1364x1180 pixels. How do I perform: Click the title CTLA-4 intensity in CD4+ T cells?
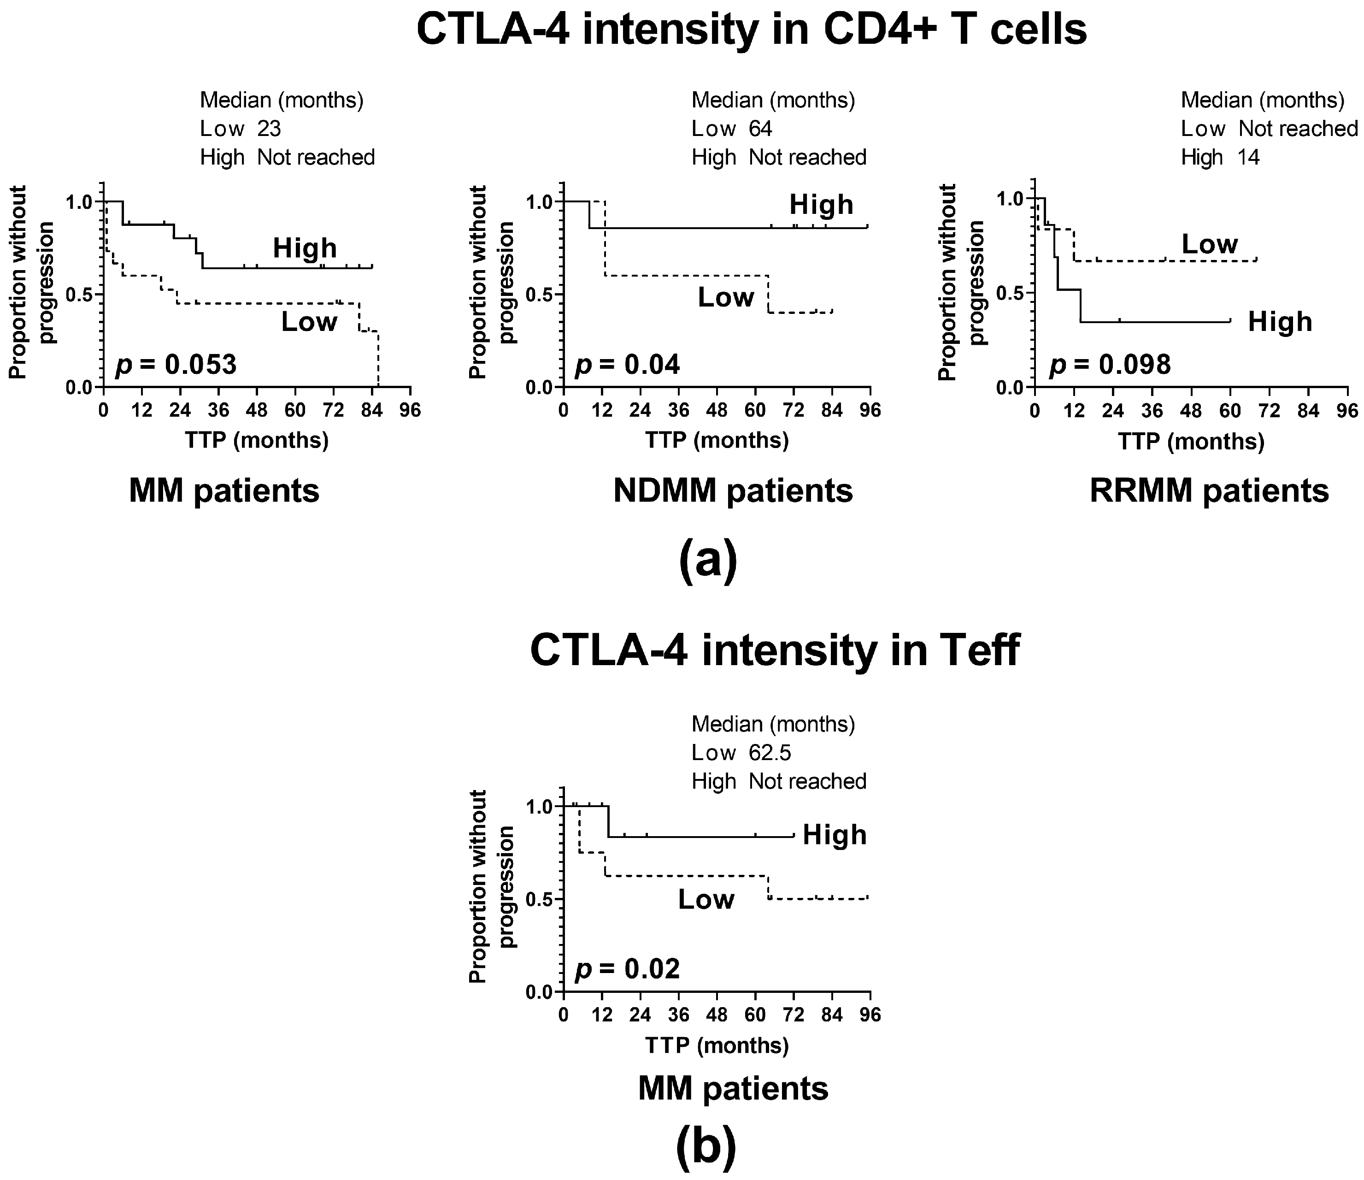pos(752,29)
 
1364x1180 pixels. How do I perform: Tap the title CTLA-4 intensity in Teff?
pos(774,650)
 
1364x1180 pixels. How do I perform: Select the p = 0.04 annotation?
pos(627,364)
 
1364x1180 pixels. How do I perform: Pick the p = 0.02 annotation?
pos(627,968)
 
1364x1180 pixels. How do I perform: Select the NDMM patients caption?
pos(733,490)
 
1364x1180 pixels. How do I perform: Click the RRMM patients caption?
pos(1209,490)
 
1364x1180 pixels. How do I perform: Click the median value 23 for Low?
pos(269,129)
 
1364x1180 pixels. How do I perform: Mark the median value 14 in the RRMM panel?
pos(1249,157)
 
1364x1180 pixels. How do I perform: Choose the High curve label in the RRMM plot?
pos(1280,322)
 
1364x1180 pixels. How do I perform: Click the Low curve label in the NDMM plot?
pos(725,298)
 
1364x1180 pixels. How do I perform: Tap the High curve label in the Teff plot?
pos(834,835)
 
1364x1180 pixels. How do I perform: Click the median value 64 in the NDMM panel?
pos(760,129)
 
